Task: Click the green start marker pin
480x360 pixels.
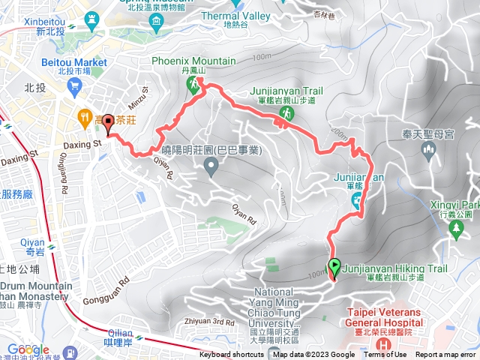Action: [x=334, y=266]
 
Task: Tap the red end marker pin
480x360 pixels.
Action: [x=108, y=123]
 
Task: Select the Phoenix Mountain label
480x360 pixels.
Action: [x=193, y=61]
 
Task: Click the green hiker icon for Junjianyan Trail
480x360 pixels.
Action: [x=285, y=113]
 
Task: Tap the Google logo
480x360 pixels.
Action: [x=28, y=349]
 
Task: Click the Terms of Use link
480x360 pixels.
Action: [x=385, y=355]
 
